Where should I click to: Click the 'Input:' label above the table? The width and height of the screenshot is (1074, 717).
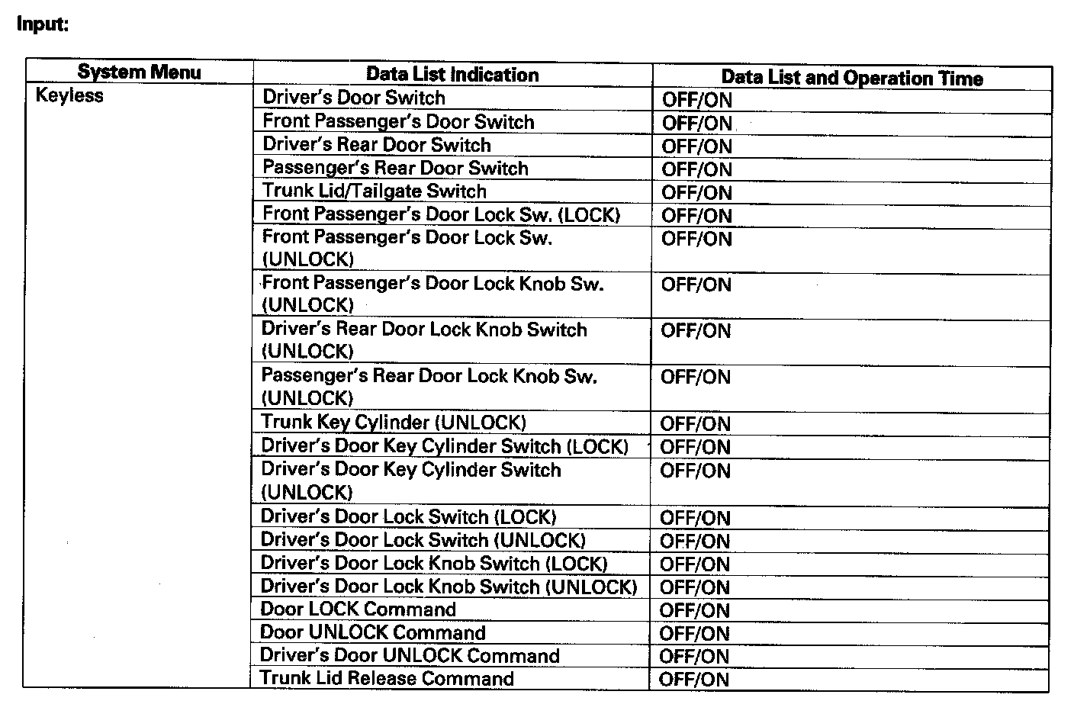pyautogui.click(x=43, y=24)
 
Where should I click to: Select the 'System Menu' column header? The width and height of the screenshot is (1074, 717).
pyautogui.click(x=139, y=72)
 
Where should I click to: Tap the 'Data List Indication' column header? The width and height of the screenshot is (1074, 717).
pyautogui.click(x=452, y=75)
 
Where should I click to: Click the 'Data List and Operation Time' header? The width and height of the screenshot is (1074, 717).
pyautogui.click(x=852, y=78)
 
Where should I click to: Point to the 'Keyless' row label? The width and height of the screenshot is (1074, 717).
pyautogui.click(x=69, y=96)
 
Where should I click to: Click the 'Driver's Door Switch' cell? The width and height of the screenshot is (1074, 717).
pyautogui.click(x=354, y=98)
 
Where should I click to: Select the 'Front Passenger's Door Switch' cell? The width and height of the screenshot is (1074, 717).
pyautogui.click(x=398, y=121)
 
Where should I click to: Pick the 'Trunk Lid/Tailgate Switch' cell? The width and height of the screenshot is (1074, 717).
pyautogui.click(x=375, y=191)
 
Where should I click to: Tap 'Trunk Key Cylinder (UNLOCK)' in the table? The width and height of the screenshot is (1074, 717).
pyautogui.click(x=394, y=423)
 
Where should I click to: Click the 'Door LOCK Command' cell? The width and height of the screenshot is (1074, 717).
pyautogui.click(x=359, y=609)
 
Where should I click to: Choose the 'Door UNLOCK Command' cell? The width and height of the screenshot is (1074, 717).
pyautogui.click(x=373, y=632)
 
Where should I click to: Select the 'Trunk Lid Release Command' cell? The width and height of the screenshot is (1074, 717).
pyautogui.click(x=387, y=678)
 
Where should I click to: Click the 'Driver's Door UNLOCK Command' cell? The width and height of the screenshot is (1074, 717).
pyautogui.click(x=410, y=655)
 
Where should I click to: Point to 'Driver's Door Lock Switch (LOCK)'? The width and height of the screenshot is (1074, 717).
pyautogui.click(x=409, y=516)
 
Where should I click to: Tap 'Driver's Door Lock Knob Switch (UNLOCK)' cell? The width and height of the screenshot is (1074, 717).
pyautogui.click(x=449, y=587)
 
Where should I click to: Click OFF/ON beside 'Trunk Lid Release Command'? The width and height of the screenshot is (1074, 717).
pyautogui.click(x=694, y=679)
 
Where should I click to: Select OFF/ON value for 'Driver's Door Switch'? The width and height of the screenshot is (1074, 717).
pyautogui.click(x=697, y=100)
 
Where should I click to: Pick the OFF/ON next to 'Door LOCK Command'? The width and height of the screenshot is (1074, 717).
pyautogui.click(x=695, y=610)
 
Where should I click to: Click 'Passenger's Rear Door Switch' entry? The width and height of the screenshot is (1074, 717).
pyautogui.click(x=395, y=168)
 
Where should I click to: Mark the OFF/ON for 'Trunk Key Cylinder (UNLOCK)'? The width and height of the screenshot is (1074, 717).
pyautogui.click(x=696, y=424)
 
